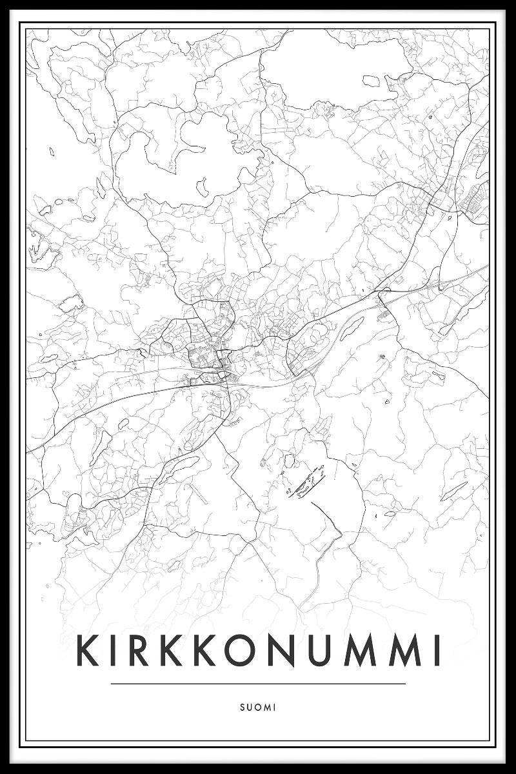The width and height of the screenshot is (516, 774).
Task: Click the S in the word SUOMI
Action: coord(241,708)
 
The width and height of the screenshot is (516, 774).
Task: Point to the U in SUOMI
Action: coord(248,708)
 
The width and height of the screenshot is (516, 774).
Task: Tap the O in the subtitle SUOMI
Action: coord(257,708)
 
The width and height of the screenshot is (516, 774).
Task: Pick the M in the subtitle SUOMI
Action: coord(266,708)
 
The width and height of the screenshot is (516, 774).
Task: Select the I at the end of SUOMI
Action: coord(274,708)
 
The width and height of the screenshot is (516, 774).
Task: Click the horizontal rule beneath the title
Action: coord(258,684)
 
